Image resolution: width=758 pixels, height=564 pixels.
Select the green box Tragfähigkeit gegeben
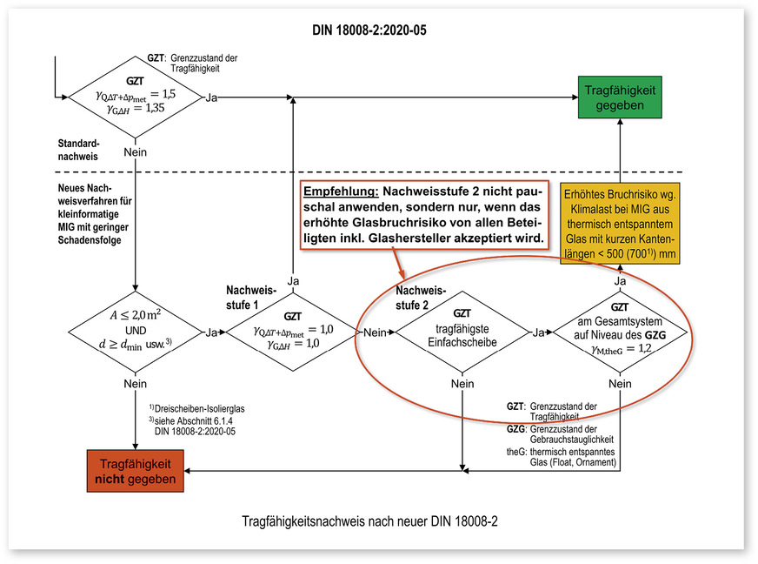click(x=620, y=97)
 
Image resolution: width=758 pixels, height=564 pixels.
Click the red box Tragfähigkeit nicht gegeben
click(x=135, y=471)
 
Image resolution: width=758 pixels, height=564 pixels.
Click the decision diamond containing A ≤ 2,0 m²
click(x=135, y=332)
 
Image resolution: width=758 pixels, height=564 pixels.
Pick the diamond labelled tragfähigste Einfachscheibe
click(x=462, y=332)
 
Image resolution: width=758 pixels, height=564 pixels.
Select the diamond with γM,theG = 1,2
click(x=620, y=332)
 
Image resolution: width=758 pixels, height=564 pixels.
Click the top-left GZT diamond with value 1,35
click(x=135, y=97)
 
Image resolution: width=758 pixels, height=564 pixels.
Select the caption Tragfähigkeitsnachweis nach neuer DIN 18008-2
click(x=369, y=523)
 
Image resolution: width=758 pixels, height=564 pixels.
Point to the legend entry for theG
click(x=562, y=457)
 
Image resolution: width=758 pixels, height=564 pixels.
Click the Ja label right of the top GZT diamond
click(x=212, y=97)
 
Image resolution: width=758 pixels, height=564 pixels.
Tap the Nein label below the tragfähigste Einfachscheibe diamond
click(x=462, y=384)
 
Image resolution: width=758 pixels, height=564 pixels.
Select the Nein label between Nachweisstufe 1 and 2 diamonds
click(x=374, y=333)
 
